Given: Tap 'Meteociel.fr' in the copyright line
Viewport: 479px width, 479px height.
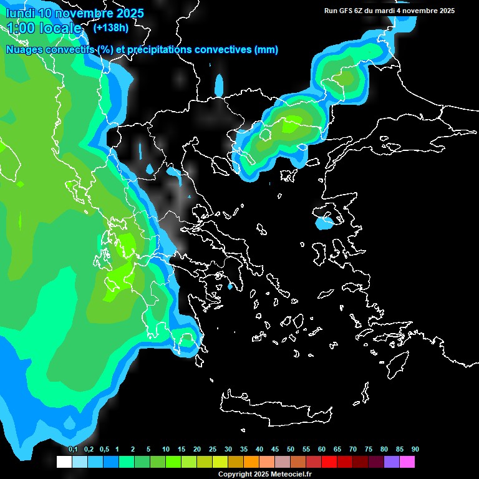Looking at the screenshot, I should coord(291,475).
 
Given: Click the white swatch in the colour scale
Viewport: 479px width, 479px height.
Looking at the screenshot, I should coord(64,462).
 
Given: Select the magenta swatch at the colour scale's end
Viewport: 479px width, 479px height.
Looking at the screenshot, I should coord(407,462).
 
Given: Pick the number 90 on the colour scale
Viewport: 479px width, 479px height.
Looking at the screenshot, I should coord(415,450).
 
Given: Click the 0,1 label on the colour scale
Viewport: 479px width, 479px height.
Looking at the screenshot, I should coord(72,450).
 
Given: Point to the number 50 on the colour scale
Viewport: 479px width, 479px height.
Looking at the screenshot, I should coord(290,450).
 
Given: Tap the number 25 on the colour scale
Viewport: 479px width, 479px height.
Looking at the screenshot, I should coord(212,450).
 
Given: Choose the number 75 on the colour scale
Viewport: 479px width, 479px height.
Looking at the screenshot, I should coord(368,450).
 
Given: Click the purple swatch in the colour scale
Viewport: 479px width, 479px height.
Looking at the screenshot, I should coord(392,462).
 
